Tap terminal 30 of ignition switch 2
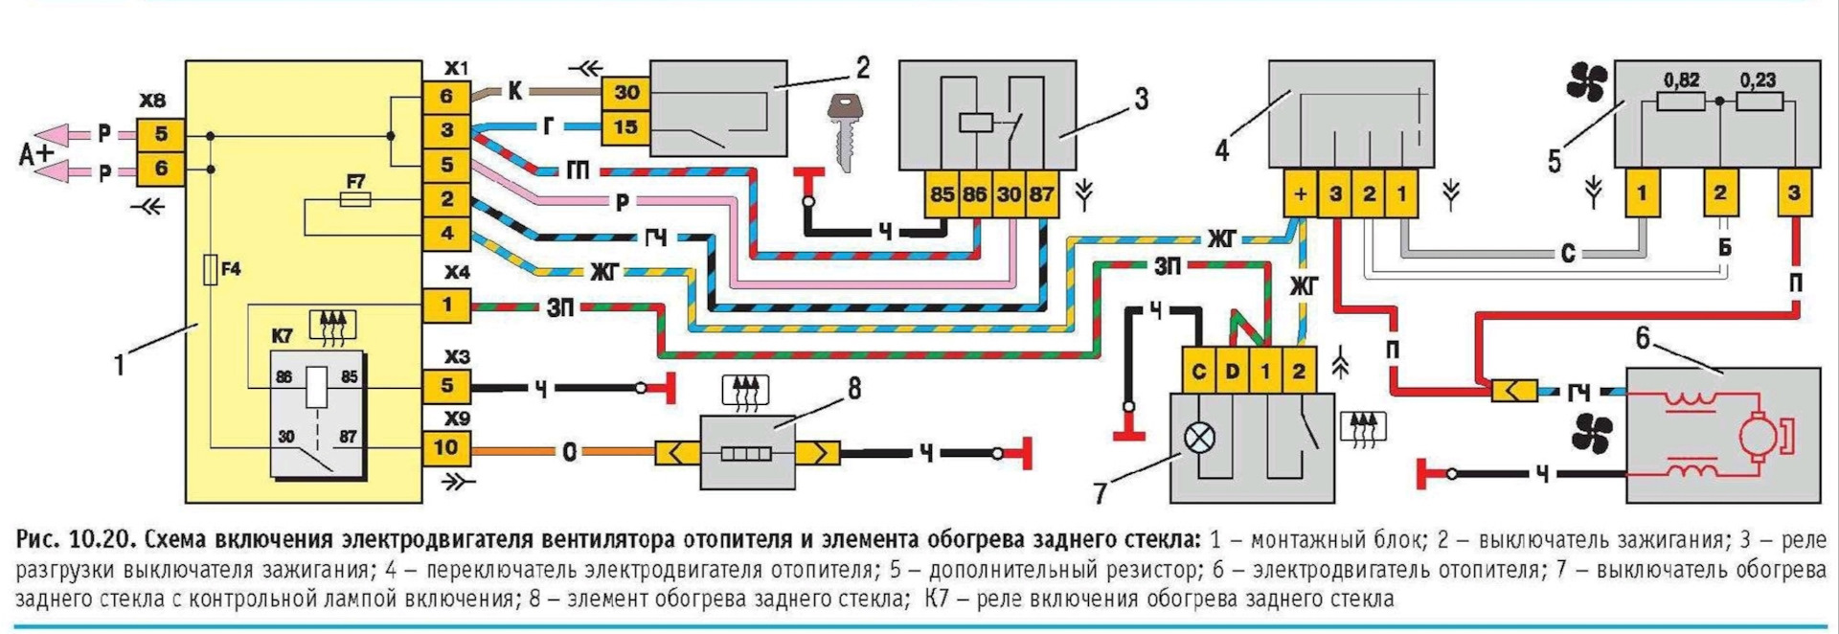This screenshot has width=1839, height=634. tap(626, 93)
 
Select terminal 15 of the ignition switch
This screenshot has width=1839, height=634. tap(626, 126)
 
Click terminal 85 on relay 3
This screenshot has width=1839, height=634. tap(942, 194)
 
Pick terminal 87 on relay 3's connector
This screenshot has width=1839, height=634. tap(1042, 194)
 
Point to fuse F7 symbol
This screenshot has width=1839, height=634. tap(356, 199)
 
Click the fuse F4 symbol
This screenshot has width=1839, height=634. tap(211, 270)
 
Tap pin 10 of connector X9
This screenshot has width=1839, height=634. tap(446, 447)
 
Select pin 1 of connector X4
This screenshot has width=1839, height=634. tap(446, 306)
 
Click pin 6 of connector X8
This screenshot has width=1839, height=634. tap(161, 169)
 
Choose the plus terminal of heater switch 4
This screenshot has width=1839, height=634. tap(1300, 194)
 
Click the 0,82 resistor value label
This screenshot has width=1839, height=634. tap(1681, 80)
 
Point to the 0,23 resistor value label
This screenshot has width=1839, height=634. tap(1758, 80)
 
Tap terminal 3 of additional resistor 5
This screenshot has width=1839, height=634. tap(1794, 193)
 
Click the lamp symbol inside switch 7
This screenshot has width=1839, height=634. tap(1199, 439)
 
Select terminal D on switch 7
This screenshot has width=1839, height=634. tap(1233, 372)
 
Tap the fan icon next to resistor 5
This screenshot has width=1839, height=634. tap(1586, 83)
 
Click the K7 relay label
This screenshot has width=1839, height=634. tap(282, 336)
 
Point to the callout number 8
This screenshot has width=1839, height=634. tap(854, 388)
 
